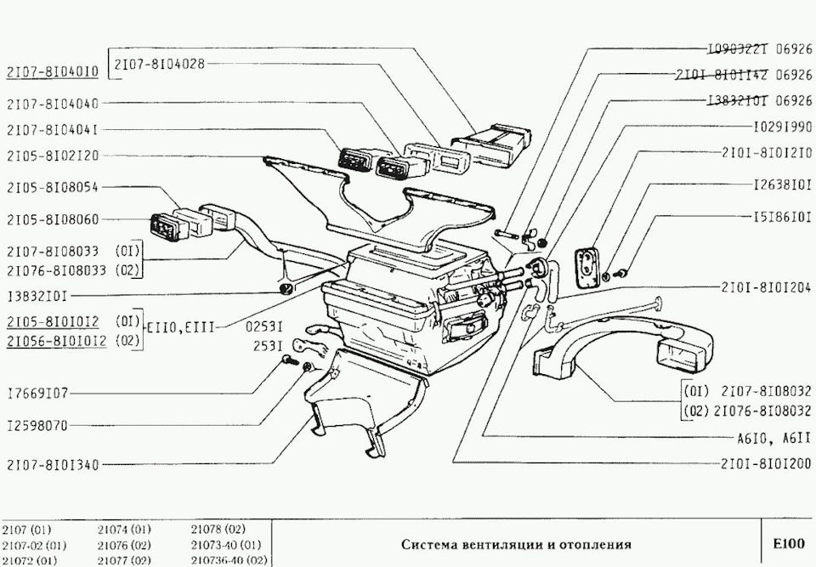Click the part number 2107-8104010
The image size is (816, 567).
(x=52, y=72)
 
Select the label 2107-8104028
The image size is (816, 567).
(x=160, y=65)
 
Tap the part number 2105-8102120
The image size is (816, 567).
(x=52, y=156)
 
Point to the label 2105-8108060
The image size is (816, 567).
(x=52, y=219)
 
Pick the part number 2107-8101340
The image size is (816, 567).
(x=52, y=465)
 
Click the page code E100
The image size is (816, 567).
(x=787, y=542)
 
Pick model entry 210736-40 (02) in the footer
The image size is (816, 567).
(x=229, y=560)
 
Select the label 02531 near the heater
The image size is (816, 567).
(x=263, y=326)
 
